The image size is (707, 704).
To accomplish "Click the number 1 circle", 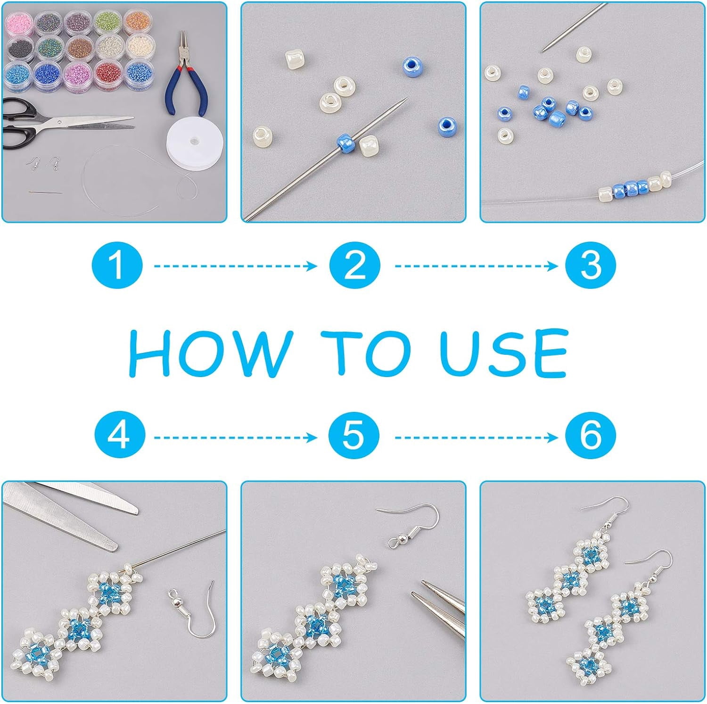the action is (x=117, y=266).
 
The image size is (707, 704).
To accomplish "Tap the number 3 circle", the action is (x=591, y=266).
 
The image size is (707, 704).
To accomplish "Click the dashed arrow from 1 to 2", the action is (x=236, y=266).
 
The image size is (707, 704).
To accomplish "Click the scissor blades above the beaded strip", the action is (x=71, y=514).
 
